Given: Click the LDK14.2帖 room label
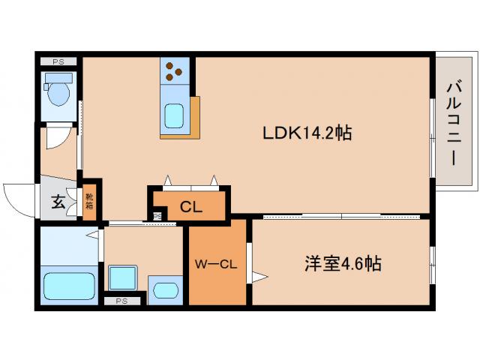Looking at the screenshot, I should pos(307,133).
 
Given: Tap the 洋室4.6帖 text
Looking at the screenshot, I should pos(342,264).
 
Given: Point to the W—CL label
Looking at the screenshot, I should pos(216,264).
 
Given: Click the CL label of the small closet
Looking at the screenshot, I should pos(191,208).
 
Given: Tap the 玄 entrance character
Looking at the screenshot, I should pos(58,201).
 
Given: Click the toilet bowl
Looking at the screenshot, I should pos(58,94).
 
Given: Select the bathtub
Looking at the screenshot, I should pos(68,286).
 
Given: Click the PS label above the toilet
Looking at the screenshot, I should pos(58,61).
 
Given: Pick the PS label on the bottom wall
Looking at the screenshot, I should pos(121,301).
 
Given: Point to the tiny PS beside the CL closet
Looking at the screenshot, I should pos(157,217).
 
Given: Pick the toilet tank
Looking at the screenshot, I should pos(57,79).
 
